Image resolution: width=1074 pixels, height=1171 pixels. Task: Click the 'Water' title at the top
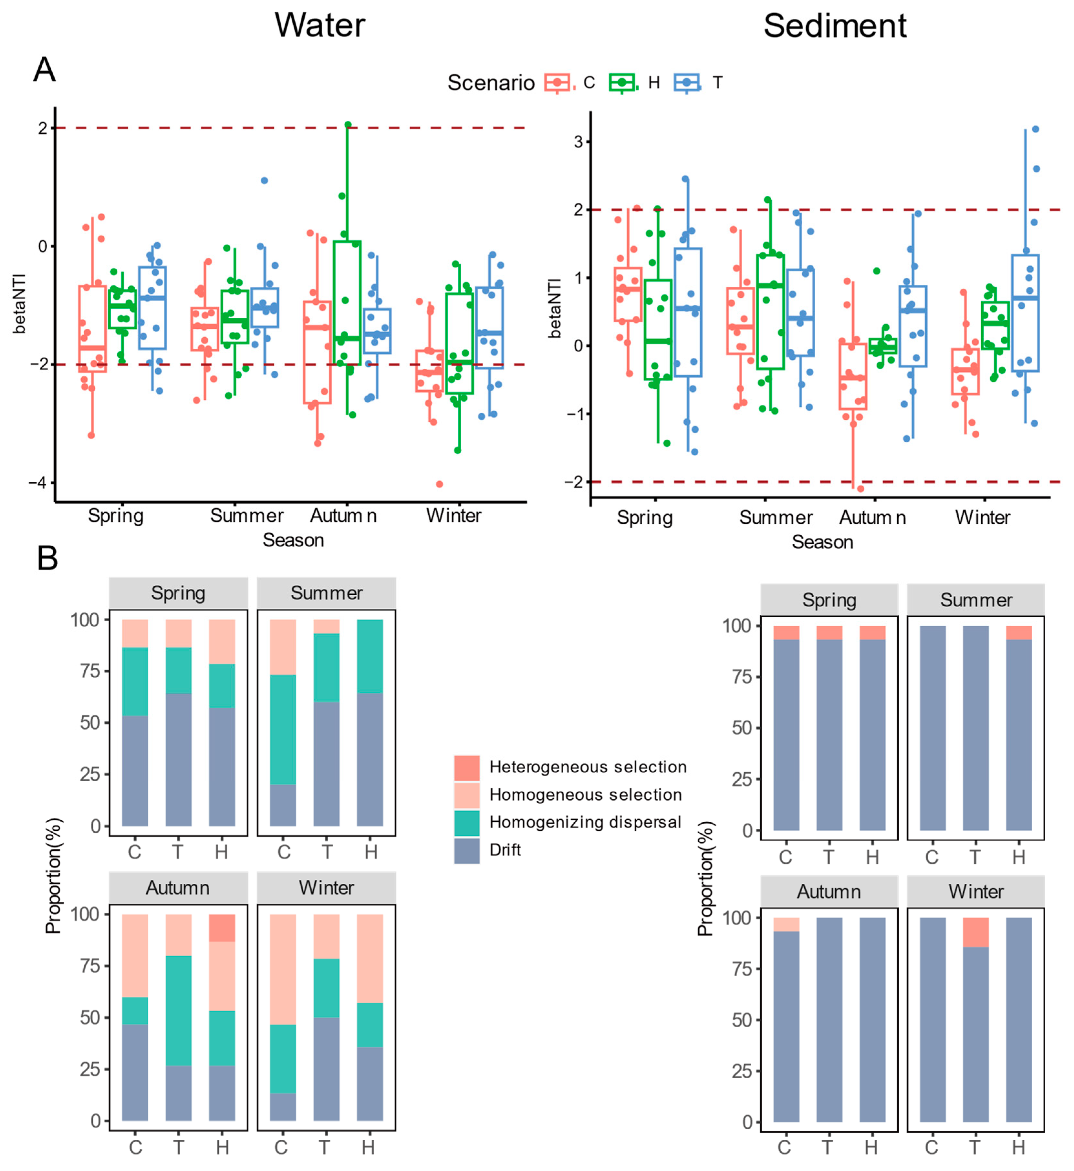click(x=320, y=26)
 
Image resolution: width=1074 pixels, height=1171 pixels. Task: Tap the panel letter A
click(x=45, y=70)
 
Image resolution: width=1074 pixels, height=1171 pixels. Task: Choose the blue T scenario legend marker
click(x=687, y=83)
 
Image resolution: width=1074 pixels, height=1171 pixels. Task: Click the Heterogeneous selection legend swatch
click(x=467, y=767)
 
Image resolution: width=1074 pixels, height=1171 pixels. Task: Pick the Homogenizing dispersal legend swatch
click(x=467, y=823)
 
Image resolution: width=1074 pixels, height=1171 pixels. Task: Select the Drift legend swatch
click(x=467, y=850)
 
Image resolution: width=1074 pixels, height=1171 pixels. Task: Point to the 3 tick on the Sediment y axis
click(x=578, y=142)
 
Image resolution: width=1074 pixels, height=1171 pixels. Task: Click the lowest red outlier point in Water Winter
click(x=439, y=484)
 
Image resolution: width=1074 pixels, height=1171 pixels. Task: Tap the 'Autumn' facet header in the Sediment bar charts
click(x=829, y=892)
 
